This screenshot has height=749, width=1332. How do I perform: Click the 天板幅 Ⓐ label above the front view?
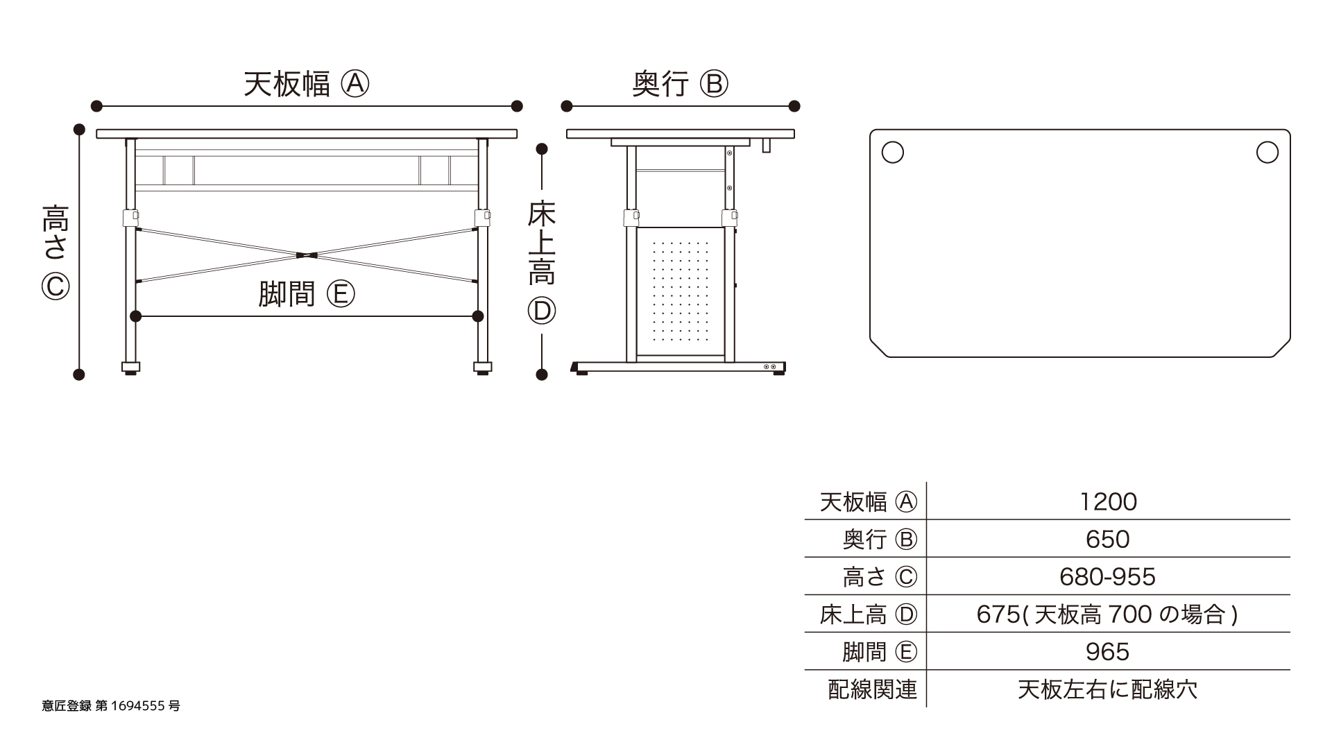click(x=306, y=85)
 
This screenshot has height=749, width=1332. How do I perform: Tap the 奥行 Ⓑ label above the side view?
click(x=680, y=85)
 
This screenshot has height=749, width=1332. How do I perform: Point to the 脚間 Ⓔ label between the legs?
click(x=306, y=294)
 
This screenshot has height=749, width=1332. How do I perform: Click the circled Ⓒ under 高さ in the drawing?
click(x=55, y=286)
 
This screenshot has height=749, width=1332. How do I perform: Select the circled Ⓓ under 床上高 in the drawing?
click(x=542, y=311)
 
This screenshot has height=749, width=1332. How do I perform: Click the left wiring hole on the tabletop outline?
click(x=892, y=153)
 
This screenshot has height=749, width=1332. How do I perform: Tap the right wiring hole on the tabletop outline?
click(x=1267, y=153)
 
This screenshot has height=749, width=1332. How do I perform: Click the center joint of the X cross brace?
click(x=306, y=255)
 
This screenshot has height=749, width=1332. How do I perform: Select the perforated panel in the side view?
click(x=680, y=291)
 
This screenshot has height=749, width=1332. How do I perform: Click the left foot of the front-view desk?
click(x=130, y=367)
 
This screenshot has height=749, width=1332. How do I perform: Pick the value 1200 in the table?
click(x=1108, y=501)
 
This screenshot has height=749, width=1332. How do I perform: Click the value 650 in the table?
click(x=1108, y=539)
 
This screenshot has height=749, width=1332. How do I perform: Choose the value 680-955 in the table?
click(x=1108, y=576)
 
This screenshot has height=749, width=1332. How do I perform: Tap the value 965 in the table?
click(x=1108, y=651)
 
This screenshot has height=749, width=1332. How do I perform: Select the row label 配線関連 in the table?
click(x=872, y=689)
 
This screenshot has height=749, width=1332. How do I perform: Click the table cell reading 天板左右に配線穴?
click(x=1108, y=689)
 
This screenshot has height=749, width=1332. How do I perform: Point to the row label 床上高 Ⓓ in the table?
click(x=868, y=614)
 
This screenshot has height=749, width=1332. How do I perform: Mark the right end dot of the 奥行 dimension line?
click(x=794, y=106)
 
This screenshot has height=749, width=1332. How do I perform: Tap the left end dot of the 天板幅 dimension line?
click(x=96, y=106)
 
